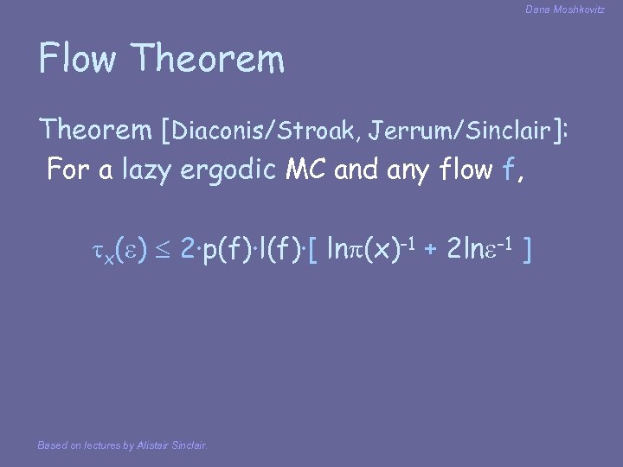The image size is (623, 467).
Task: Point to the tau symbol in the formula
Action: point(97,251)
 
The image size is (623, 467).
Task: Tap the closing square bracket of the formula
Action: point(527,251)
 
